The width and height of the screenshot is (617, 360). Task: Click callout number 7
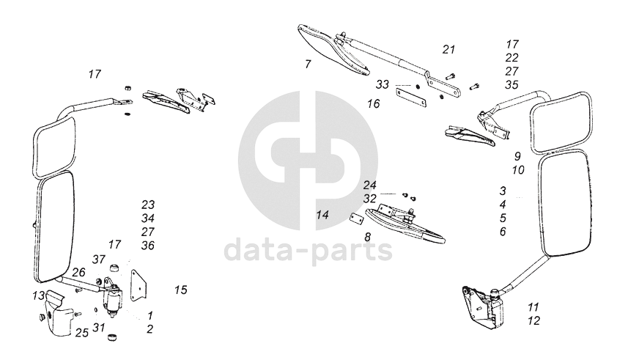click(308, 65)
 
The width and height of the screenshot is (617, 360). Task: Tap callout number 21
click(448, 50)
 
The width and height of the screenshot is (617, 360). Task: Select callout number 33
click(383, 85)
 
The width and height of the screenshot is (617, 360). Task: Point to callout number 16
click(374, 104)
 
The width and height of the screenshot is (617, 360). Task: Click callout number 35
click(511, 84)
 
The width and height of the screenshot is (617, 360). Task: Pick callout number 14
click(323, 215)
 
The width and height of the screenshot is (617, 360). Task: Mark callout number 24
click(370, 185)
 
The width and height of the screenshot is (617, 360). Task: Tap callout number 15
click(181, 290)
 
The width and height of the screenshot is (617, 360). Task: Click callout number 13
click(38, 295)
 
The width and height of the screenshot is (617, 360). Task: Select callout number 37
click(99, 259)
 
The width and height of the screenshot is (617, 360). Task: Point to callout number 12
click(533, 320)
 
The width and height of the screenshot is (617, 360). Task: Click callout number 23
click(149, 205)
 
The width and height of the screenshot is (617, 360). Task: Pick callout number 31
click(99, 327)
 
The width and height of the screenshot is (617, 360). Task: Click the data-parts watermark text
click(308, 251)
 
